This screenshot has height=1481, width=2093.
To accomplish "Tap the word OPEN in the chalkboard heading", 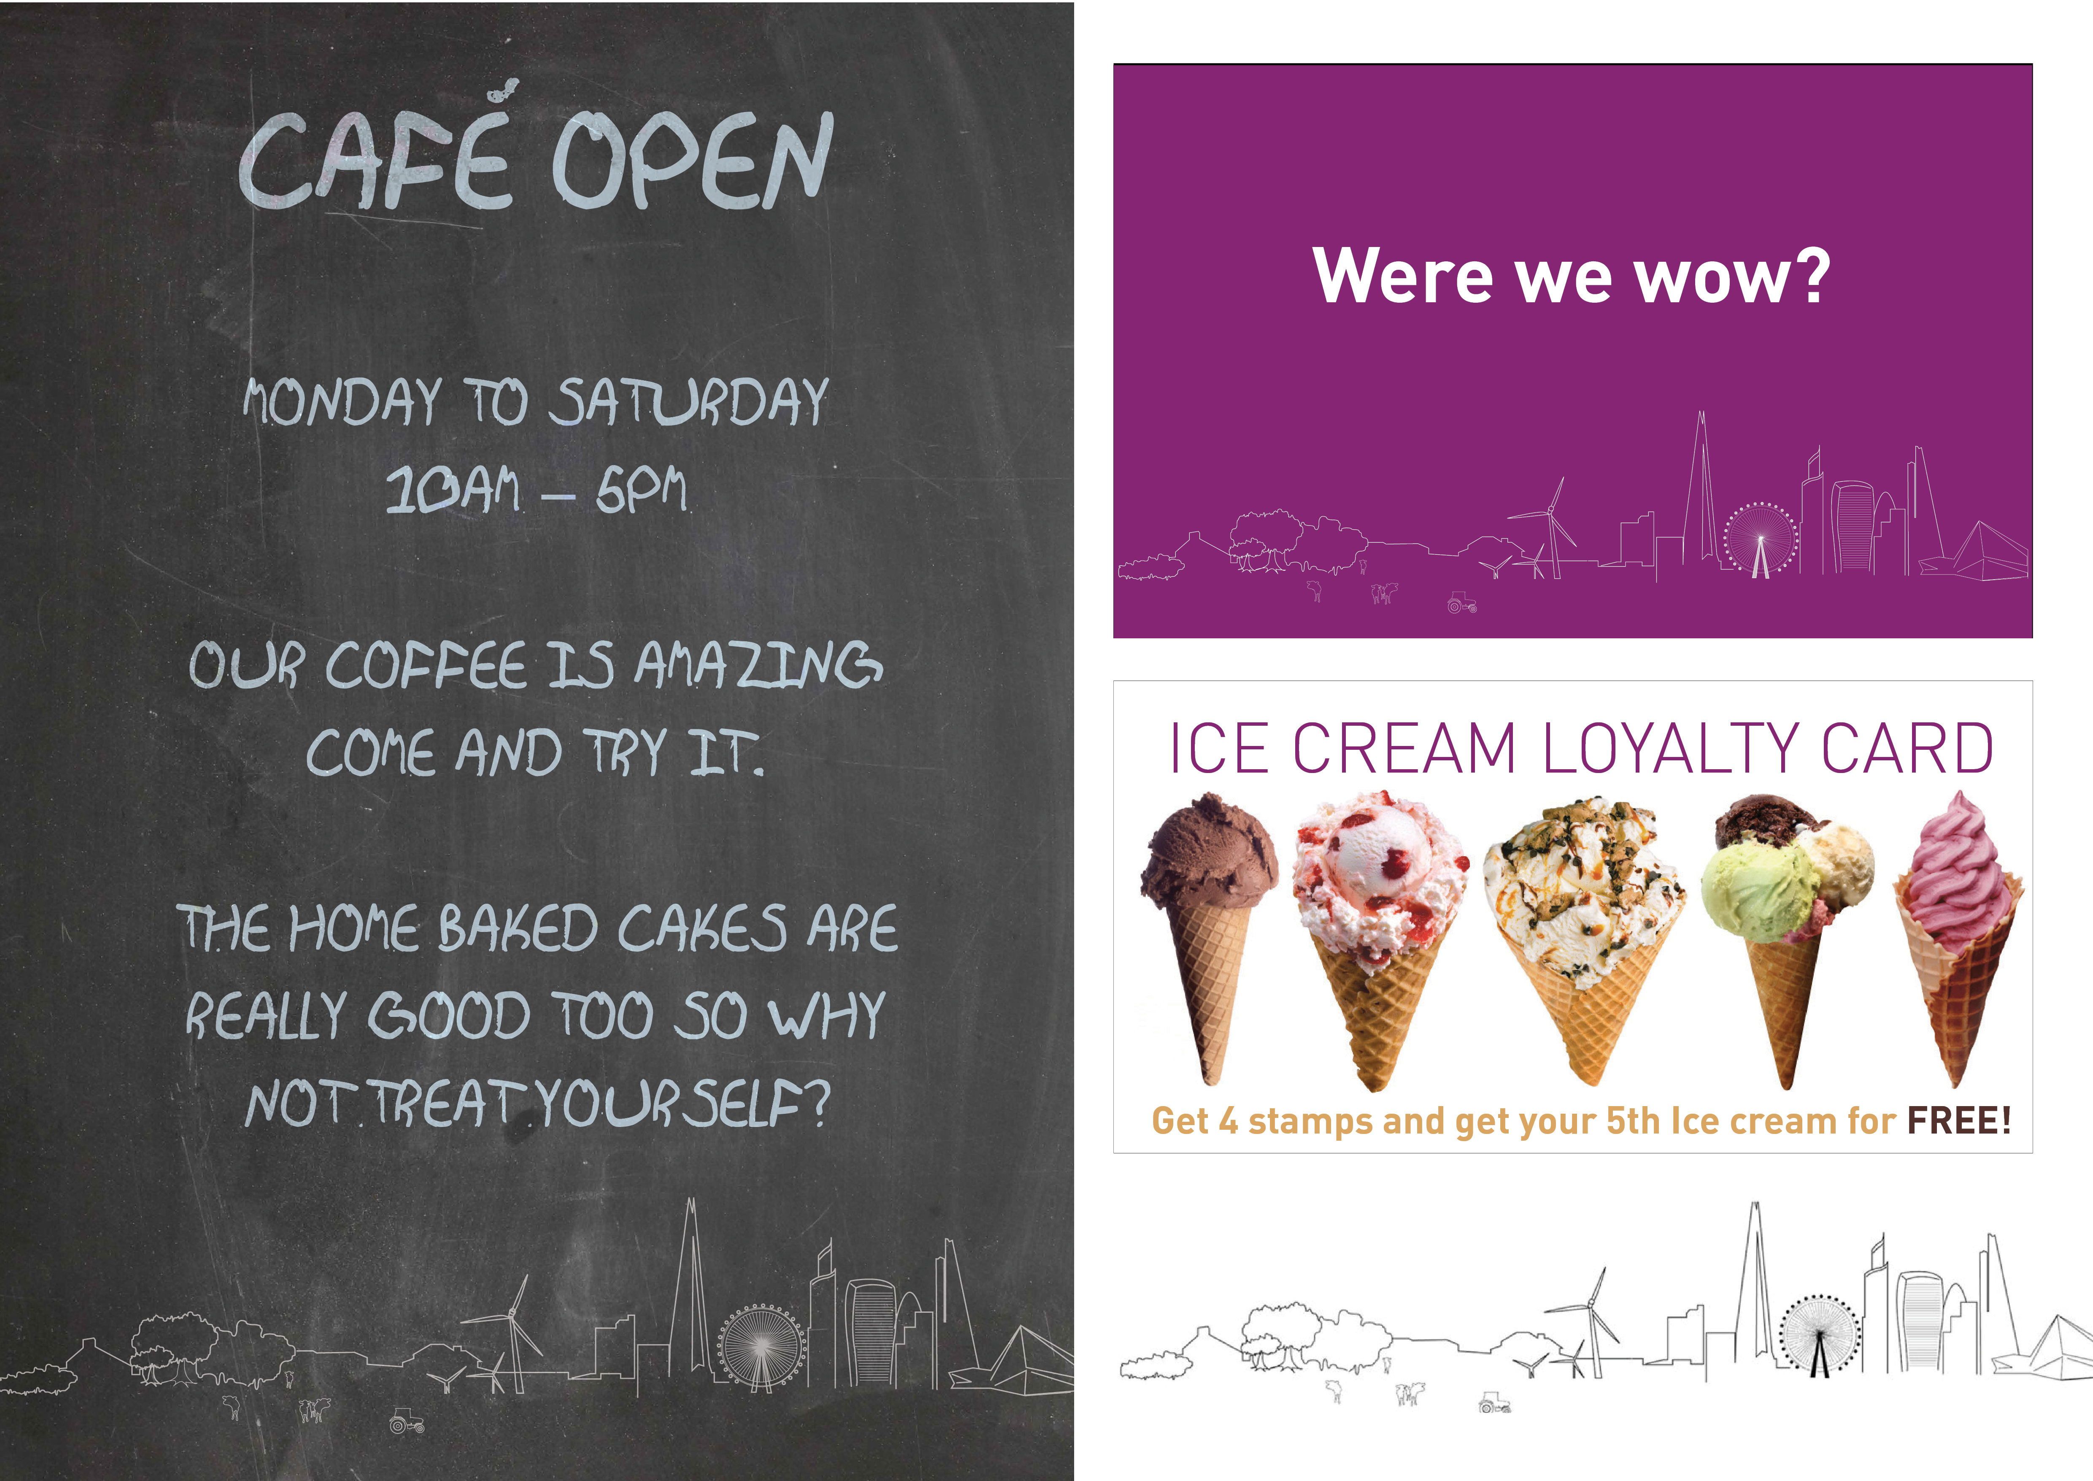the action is pyautogui.click(x=691, y=160).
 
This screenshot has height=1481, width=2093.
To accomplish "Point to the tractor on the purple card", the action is pyautogui.click(x=1461, y=603).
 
